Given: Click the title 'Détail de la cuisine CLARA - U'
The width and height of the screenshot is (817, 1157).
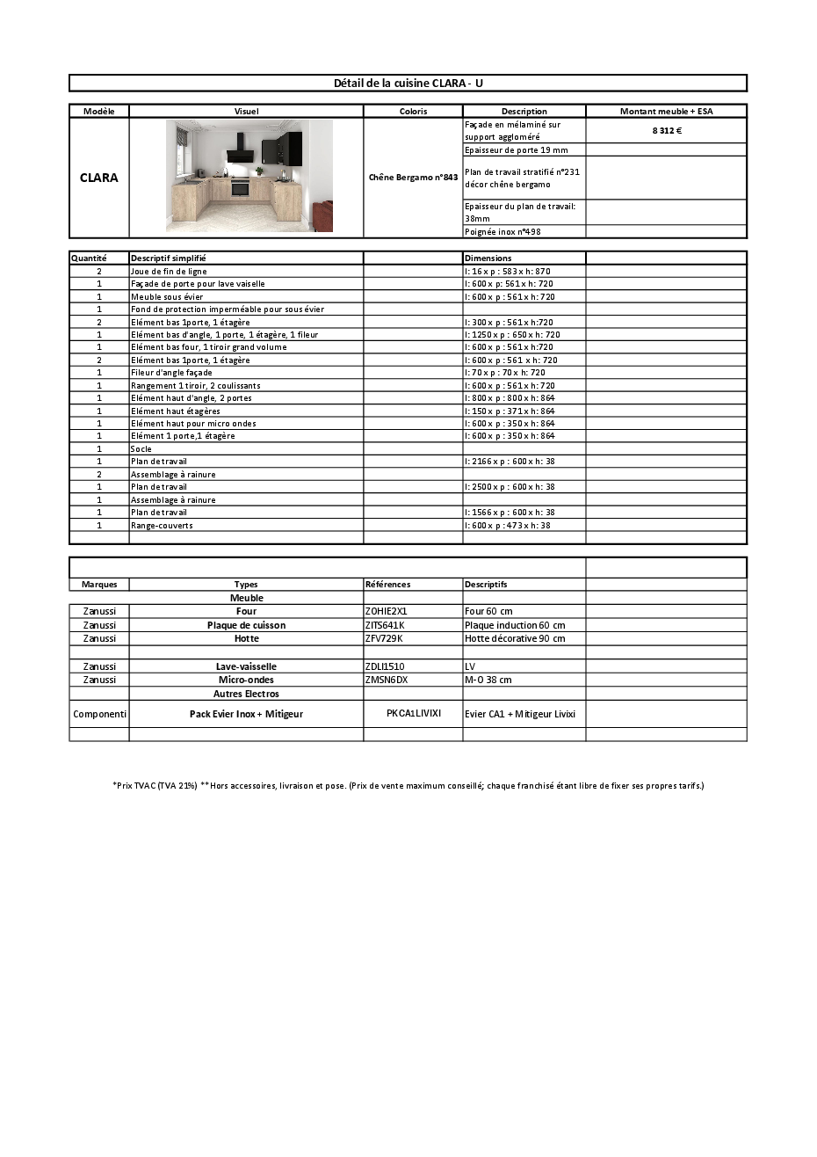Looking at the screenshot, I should [408, 83].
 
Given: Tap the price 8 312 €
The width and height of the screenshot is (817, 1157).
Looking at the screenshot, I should [667, 130].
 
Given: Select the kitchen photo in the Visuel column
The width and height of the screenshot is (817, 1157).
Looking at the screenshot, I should [249, 176].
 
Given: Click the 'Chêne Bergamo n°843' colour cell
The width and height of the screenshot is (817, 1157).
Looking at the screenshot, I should [413, 178].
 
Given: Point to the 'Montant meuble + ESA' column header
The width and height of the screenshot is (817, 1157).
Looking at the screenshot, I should [666, 111].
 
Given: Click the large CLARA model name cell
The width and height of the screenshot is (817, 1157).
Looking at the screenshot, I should [99, 178].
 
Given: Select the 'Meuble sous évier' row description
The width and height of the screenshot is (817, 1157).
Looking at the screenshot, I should [167, 296].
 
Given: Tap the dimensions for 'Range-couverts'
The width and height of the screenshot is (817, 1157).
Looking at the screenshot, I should [508, 525].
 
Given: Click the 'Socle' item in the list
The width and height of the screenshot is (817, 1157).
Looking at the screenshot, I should [141, 448].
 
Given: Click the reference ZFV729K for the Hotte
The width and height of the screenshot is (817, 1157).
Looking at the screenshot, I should [383, 638].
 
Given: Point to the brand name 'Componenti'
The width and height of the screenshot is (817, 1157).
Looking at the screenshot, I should [99, 714].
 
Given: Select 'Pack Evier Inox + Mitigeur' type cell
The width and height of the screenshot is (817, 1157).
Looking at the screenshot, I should [246, 714].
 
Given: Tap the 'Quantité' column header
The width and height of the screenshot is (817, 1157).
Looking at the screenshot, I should [88, 258].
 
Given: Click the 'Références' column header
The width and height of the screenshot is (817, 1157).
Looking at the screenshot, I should [387, 584].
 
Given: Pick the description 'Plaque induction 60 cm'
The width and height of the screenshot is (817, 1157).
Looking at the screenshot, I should [515, 625].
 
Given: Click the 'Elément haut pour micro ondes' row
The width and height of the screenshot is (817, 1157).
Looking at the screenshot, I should [193, 423].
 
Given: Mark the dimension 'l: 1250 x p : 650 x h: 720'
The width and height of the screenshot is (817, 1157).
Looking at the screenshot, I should [512, 334].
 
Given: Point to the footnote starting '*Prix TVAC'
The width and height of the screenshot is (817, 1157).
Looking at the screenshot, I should [408, 785].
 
